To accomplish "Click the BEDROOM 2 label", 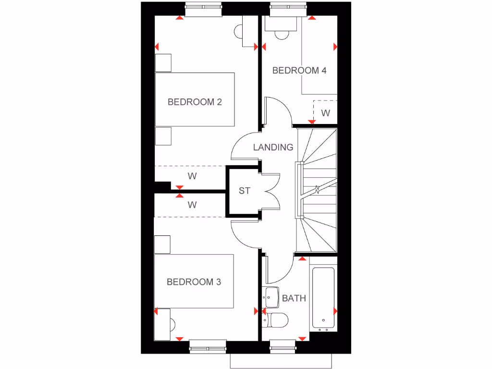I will tap(195, 102).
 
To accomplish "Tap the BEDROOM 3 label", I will tap(194, 282).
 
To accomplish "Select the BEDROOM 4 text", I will tap(299, 71).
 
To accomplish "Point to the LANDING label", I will tap(273, 148).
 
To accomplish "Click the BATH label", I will tap(294, 298).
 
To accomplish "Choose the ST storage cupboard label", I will tap(245, 191).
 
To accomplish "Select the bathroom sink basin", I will tap(271, 297).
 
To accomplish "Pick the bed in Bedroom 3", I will tap(194, 281).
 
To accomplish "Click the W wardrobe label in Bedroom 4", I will tap(326, 113).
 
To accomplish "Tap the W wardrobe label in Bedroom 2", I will tap(192, 176).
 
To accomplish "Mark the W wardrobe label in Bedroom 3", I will tap(192, 205).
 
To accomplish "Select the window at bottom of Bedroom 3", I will tap(208, 346).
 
